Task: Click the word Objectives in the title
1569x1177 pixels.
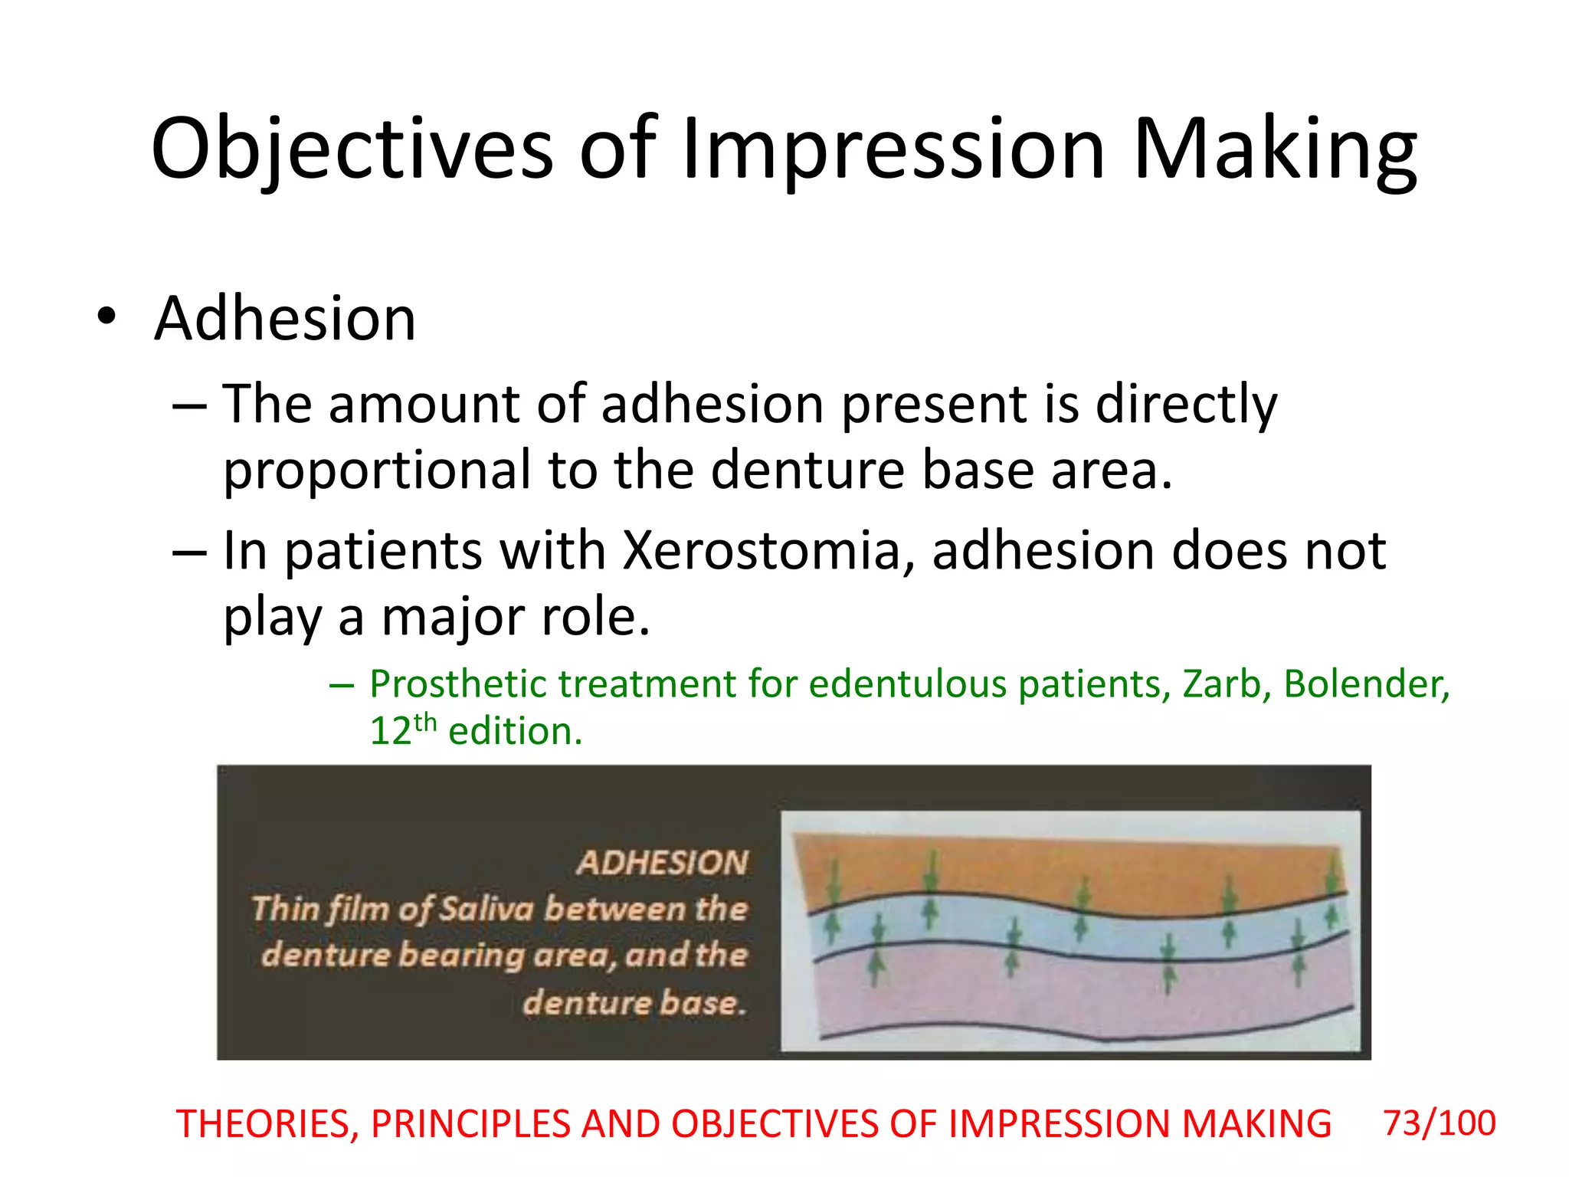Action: tap(352, 149)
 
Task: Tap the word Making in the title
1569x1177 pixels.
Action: tap(1274, 149)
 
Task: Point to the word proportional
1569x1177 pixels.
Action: tap(376, 470)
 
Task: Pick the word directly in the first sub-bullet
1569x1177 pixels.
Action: tap(1186, 405)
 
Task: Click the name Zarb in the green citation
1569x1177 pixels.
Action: tap(1220, 684)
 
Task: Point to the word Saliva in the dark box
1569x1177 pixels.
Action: tap(486, 910)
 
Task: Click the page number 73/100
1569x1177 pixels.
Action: tap(1439, 1123)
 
